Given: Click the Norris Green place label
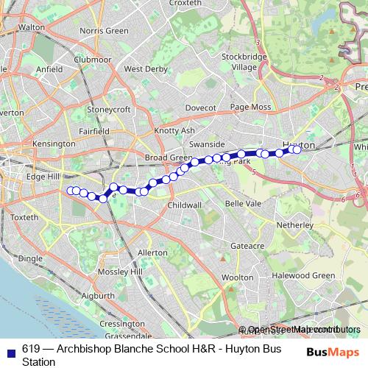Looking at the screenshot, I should tap(103, 31).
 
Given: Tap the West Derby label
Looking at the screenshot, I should tap(145, 69).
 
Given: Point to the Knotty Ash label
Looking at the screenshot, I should tap(174, 130).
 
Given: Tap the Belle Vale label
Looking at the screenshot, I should tap(243, 202).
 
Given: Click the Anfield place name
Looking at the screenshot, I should tap(49, 69).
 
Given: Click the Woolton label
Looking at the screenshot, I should tap(237, 277).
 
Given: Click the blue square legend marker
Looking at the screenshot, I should tap(10, 351).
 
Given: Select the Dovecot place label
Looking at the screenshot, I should tap(200, 107).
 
